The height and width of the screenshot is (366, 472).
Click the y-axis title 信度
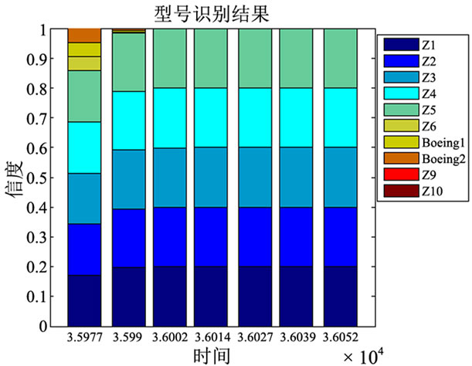tap(16, 177)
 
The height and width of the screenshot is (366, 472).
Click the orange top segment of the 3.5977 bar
tap(84, 36)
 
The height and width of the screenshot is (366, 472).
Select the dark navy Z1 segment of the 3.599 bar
tap(127, 296)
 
